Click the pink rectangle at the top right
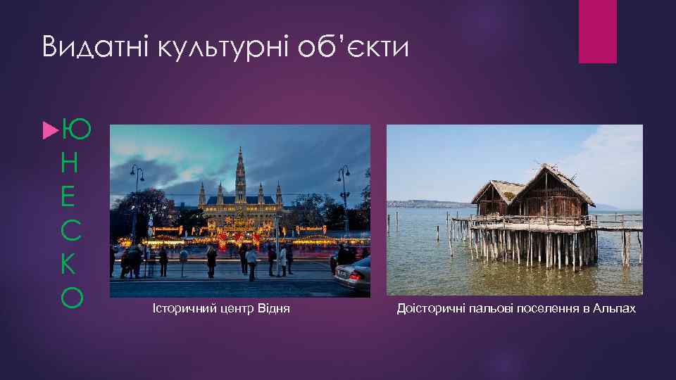tap(597, 31)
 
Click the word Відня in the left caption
tap(275, 309)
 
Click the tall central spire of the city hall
tap(241, 169)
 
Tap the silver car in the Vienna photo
tap(353, 274)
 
